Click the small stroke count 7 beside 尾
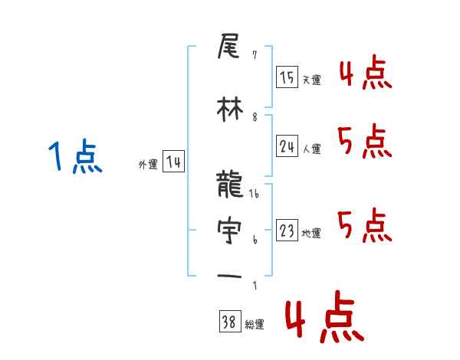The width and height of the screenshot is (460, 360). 254,55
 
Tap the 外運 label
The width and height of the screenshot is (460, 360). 148,164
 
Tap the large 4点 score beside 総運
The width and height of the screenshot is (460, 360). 323,320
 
